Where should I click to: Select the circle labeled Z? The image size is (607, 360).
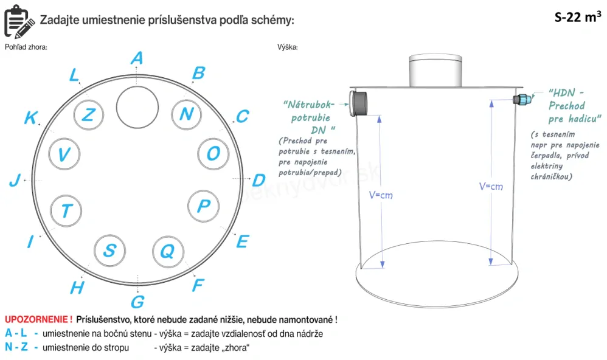[x=88, y=114]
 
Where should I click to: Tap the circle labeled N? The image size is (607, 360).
[x=186, y=114]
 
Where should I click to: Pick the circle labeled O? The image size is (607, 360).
[x=213, y=153]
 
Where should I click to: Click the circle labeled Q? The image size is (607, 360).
[x=167, y=250]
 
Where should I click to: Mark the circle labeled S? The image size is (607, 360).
[x=109, y=250]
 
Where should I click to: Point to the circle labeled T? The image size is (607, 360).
[x=66, y=210]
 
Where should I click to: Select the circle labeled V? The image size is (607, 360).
[x=63, y=154]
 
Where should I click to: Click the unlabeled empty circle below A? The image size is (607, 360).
[x=137, y=105]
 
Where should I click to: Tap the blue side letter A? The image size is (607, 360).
[x=137, y=58]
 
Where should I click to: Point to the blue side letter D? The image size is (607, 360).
[x=258, y=180]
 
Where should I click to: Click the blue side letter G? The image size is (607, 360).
[x=137, y=301]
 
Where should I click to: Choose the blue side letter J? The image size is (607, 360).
[x=15, y=180]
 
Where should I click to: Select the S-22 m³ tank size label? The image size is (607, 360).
[x=574, y=16]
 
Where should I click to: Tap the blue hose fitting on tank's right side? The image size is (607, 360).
[x=521, y=99]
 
